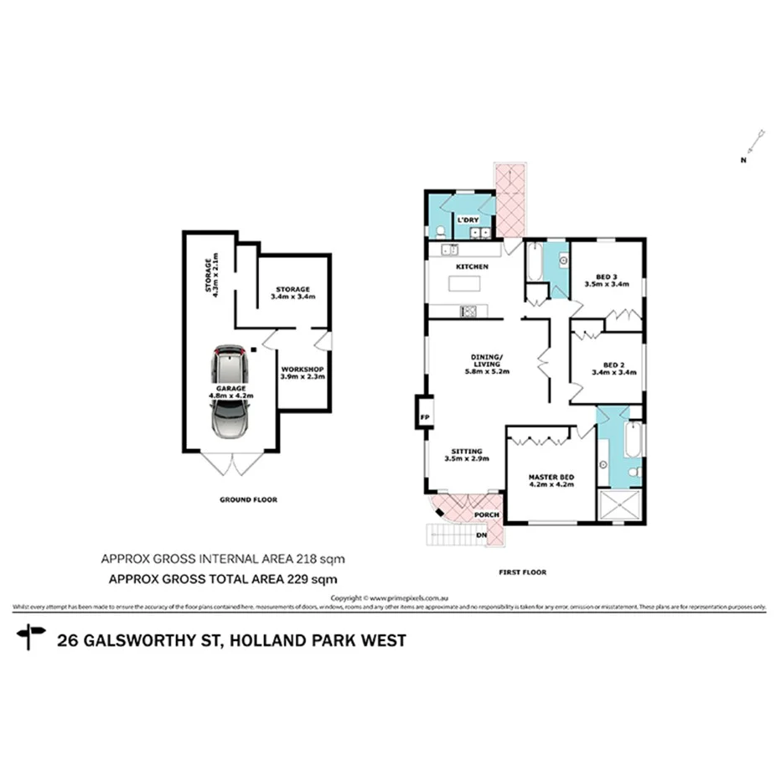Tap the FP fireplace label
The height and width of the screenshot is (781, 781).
coord(425,416)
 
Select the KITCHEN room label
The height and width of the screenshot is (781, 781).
coord(472,266)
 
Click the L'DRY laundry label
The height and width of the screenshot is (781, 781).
coord(466,220)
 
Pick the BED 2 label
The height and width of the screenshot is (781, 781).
coord(613,365)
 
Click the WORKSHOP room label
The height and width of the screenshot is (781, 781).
coord(303,370)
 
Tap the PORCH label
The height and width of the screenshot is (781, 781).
coord(486,515)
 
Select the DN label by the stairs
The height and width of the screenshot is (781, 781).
coord(481,534)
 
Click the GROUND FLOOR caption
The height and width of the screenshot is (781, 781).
coord(248,499)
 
